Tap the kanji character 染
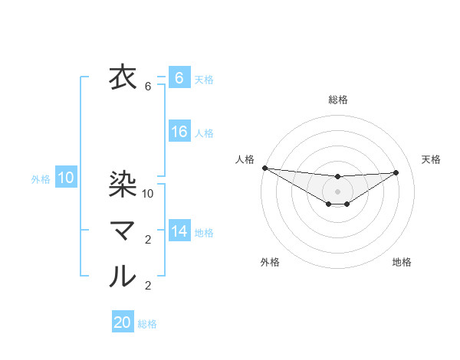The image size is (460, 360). [123, 183]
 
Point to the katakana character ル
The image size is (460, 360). [123, 276]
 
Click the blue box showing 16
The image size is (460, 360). [179, 132]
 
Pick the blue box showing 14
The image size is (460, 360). [179, 231]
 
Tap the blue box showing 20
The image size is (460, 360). [123, 322]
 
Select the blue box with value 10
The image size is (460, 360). [66, 178]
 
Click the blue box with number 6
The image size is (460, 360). [179, 78]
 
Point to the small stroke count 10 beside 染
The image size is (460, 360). [149, 193]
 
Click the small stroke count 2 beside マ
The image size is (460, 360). [149, 240]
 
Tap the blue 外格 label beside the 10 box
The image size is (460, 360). [41, 179]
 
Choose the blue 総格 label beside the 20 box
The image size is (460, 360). [147, 324]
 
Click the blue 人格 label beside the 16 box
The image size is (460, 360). [204, 133]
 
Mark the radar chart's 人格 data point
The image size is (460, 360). [264, 168]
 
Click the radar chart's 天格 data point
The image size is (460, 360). [396, 172]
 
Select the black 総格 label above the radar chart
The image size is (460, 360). [338, 100]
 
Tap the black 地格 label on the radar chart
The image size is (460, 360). [402, 262]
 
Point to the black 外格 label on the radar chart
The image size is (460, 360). [270, 262]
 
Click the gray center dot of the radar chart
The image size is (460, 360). [337, 191]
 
